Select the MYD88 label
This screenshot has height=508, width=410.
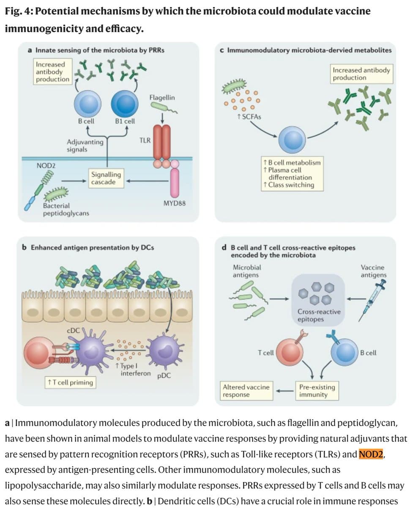coord(174,204)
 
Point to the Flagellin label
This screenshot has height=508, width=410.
coord(162,98)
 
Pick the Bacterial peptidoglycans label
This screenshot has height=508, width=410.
coord(60,210)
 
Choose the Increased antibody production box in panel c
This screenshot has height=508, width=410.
coord(361,74)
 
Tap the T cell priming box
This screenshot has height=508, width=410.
coord(70,382)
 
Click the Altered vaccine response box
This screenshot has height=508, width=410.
coord(246,390)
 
